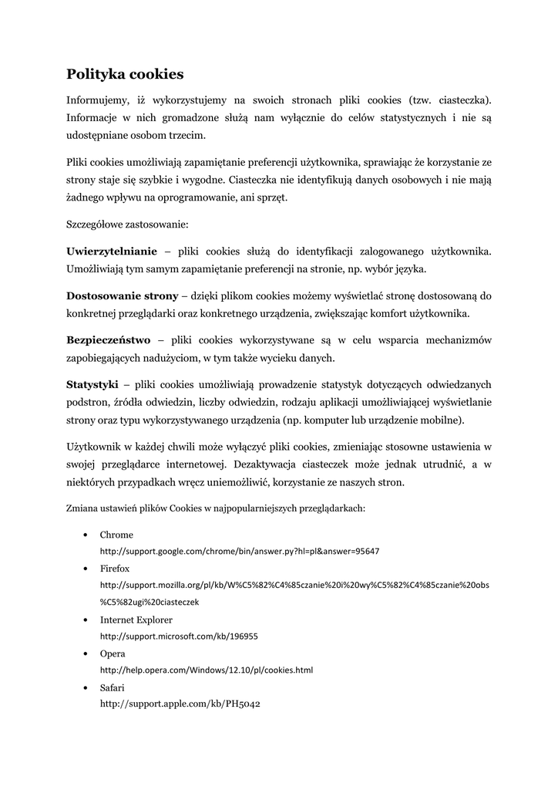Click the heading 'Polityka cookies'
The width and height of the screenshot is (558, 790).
tap(125, 74)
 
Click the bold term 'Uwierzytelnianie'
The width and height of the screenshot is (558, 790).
tap(112, 252)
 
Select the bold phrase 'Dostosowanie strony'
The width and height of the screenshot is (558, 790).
tap(122, 295)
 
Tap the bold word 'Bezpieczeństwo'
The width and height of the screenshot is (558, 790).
tap(108, 339)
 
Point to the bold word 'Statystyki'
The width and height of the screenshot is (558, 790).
tap(92, 383)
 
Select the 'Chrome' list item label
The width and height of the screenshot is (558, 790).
tap(116, 535)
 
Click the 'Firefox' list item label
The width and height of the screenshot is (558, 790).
tap(115, 568)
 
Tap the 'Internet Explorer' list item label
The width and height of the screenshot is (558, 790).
tap(136, 620)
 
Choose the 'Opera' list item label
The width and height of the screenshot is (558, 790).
tap(113, 653)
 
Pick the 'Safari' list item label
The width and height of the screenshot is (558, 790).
tap(113, 687)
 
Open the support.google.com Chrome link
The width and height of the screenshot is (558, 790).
tap(240, 552)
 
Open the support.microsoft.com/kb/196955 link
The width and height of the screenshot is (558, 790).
tap(179, 636)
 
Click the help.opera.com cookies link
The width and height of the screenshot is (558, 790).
tap(207, 670)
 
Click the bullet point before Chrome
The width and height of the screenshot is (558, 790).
tap(82, 535)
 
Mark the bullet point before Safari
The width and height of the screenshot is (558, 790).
tap(82, 687)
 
